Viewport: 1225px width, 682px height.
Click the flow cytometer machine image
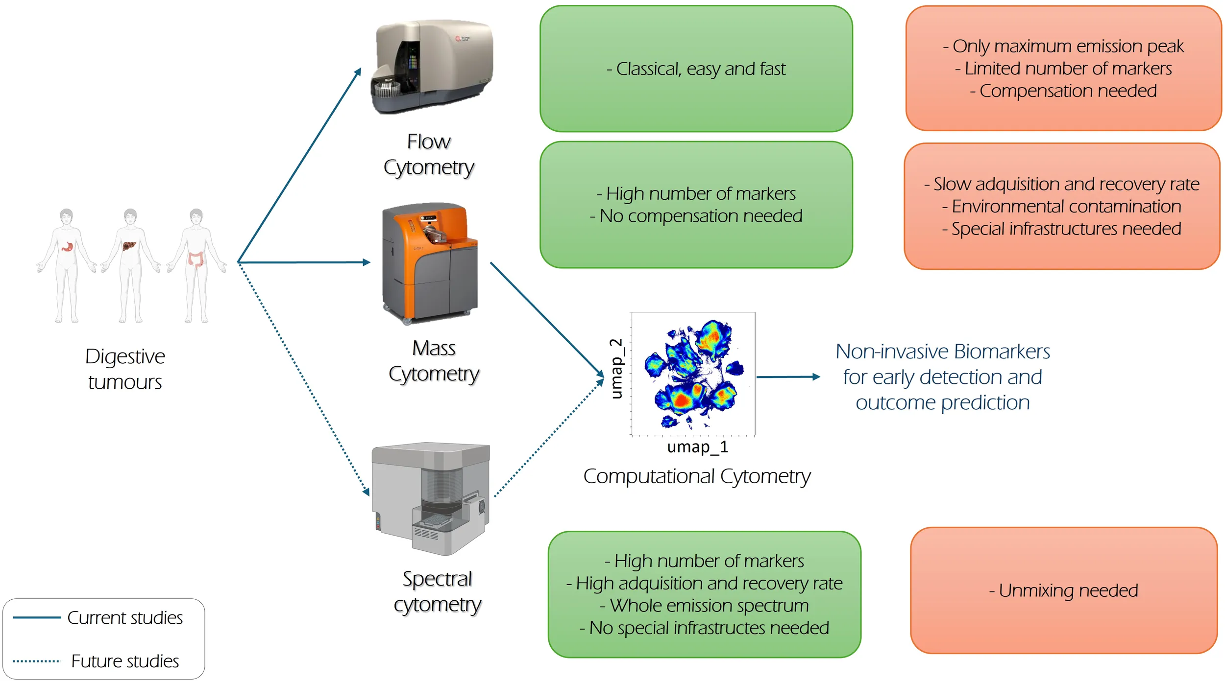[431, 66]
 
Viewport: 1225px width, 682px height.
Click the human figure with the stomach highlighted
[66, 264]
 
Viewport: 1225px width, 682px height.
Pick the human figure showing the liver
[130, 264]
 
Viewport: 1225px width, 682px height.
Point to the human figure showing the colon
[196, 264]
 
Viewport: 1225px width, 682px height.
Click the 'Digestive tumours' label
[125, 369]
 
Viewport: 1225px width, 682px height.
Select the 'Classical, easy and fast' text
[696, 69]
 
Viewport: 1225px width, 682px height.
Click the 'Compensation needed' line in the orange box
[1063, 91]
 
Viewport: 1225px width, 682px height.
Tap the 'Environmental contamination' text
[1061, 207]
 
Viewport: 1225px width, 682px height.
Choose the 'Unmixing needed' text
[1063, 590]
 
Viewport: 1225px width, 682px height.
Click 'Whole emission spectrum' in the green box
[704, 606]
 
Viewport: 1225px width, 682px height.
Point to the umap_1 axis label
[697, 447]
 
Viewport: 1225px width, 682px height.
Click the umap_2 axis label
[616, 368]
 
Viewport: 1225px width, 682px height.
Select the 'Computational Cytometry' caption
[697, 476]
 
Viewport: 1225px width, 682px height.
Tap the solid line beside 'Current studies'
[37, 617]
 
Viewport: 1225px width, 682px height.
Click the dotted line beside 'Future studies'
[37, 661]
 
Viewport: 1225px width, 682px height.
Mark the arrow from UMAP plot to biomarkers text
[787, 377]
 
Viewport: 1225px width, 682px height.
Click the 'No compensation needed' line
[696, 216]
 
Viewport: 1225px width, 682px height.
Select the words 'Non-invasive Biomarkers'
[942, 352]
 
